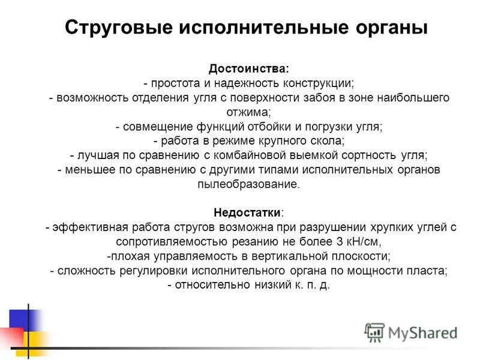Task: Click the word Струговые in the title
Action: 115,28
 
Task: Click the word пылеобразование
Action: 248,184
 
